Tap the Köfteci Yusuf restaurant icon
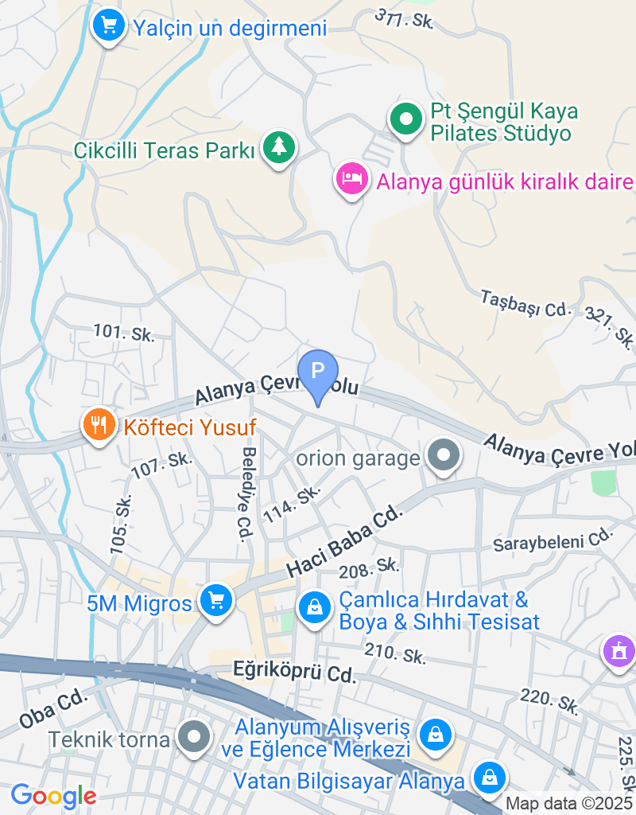click(x=99, y=425)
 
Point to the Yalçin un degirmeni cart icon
click(x=110, y=26)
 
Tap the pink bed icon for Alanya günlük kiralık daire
click(x=351, y=178)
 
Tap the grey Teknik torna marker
click(x=194, y=738)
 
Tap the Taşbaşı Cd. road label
click(x=526, y=303)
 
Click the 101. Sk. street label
click(x=123, y=332)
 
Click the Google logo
click(x=53, y=795)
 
